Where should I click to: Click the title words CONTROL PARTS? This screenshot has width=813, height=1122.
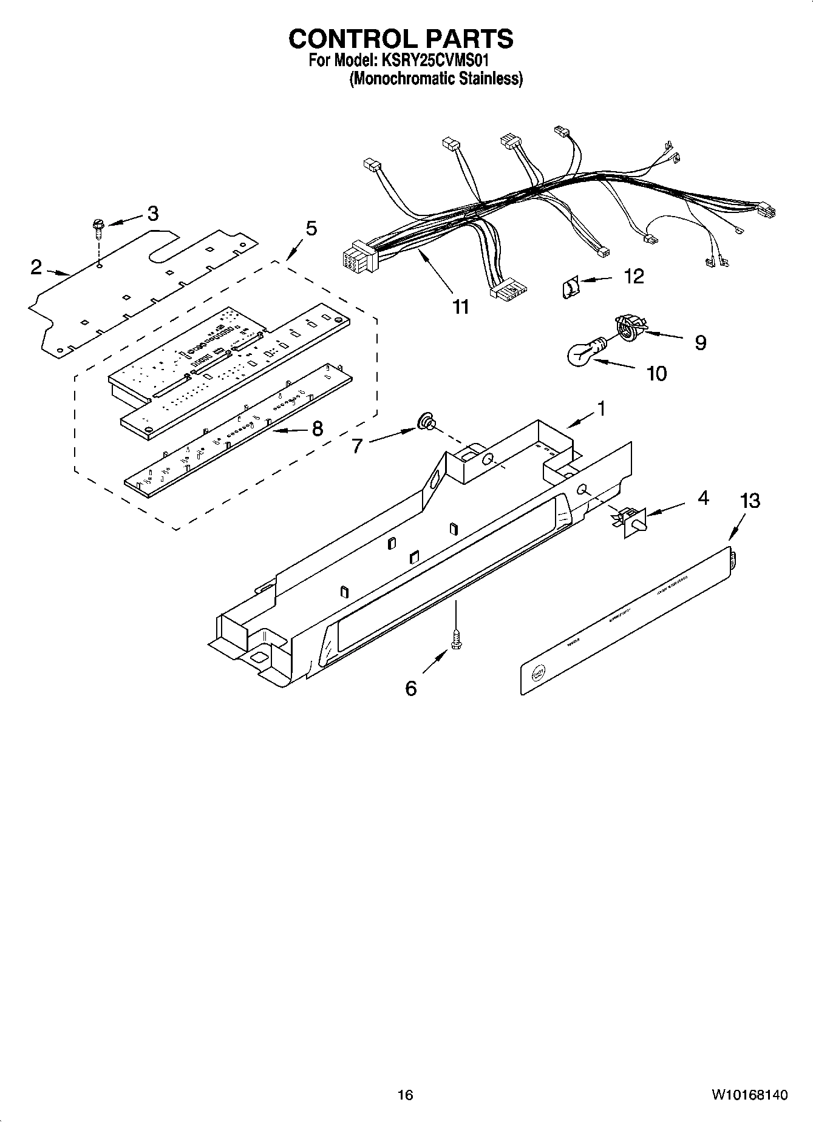pos(401,39)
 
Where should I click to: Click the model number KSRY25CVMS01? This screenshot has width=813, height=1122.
pos(434,61)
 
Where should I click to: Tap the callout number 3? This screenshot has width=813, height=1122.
pos(152,213)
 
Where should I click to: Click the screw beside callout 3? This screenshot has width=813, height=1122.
pos(97,228)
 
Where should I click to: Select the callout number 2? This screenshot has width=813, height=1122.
pos(36,266)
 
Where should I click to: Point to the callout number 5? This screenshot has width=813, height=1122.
pos(310,228)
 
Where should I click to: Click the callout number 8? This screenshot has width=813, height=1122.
pos(317,429)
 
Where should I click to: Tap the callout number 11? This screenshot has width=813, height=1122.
pos(461,306)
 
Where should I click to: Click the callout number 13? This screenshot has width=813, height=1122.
pos(750,501)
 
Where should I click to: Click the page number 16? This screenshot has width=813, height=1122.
pos(405,1094)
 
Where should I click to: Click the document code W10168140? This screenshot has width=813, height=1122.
pos(749,1094)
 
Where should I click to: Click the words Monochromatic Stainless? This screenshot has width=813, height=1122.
pos(435,79)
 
